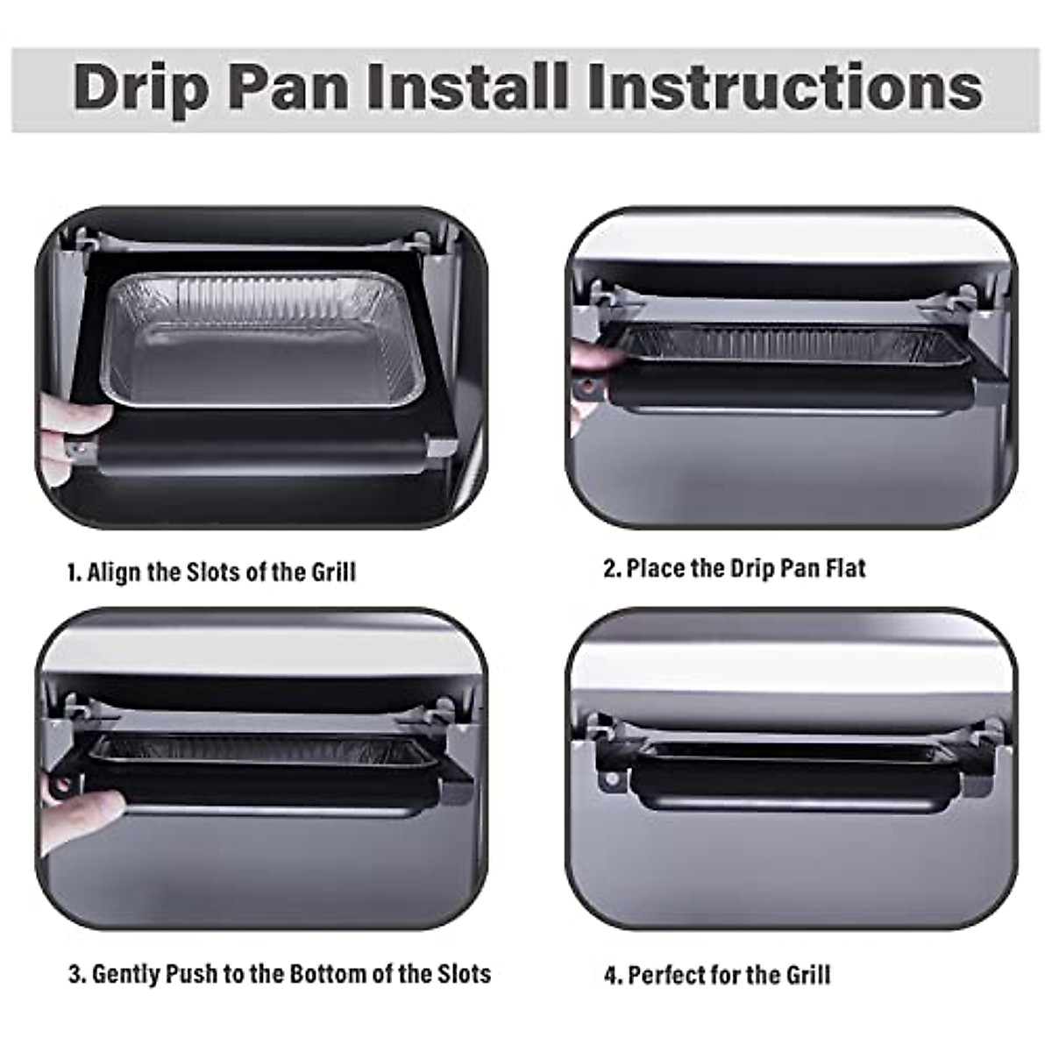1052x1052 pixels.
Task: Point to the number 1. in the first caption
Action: (75, 572)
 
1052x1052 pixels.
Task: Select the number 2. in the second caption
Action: (612, 568)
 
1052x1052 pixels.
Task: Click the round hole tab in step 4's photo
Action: (611, 778)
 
